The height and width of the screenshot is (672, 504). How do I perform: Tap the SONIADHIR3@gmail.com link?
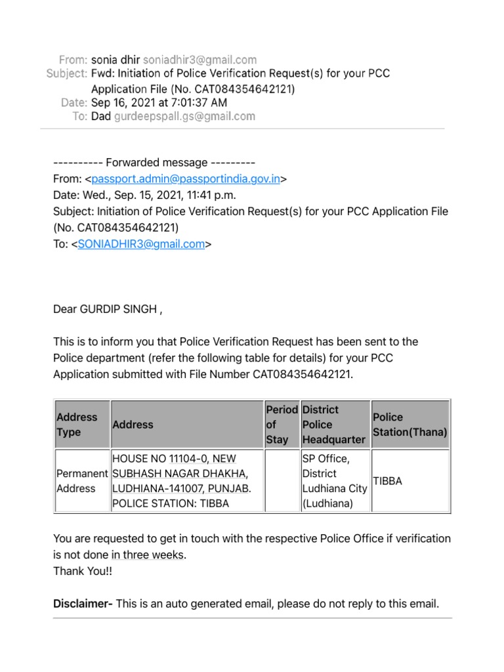pyautogui.click(x=141, y=244)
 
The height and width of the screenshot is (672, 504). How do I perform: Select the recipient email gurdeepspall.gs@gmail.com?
pyautogui.click(x=184, y=116)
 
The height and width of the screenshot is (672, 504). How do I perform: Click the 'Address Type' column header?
pyautogui.click(x=77, y=425)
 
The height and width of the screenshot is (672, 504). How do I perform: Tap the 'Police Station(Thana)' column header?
pyautogui.click(x=409, y=425)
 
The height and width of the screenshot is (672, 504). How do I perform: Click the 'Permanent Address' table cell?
pyautogui.click(x=81, y=481)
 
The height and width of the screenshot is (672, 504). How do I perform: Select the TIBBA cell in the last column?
pyautogui.click(x=388, y=481)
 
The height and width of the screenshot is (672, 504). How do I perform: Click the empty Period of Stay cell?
pyautogui.click(x=281, y=481)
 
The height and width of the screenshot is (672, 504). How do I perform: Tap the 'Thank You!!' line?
pyautogui.click(x=81, y=571)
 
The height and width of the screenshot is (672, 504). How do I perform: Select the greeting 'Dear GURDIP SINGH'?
pyautogui.click(x=107, y=310)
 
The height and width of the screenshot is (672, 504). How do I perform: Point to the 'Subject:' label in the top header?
pyautogui.click(x=67, y=74)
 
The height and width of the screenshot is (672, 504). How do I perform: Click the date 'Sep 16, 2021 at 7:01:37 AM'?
pyautogui.click(x=159, y=102)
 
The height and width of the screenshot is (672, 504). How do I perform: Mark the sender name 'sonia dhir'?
pyautogui.click(x=115, y=60)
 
